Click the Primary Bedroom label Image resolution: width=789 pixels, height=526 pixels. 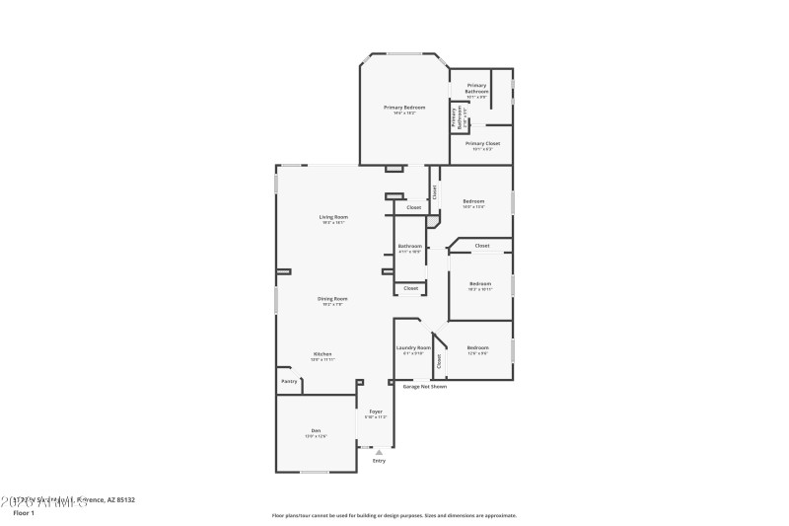point(404,107)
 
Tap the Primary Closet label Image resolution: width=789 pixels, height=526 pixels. point(483,143)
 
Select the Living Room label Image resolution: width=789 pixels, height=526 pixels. point(333,217)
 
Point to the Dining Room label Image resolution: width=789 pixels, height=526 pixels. point(332,298)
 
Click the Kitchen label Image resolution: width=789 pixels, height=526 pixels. point(323,353)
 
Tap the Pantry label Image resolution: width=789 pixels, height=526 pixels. point(289,381)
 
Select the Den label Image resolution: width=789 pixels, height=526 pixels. point(316,430)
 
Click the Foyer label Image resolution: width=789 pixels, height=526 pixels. point(376,411)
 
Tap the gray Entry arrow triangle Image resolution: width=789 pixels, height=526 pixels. point(379,452)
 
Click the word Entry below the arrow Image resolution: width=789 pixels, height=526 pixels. point(379,461)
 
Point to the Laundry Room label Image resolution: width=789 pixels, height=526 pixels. point(414,347)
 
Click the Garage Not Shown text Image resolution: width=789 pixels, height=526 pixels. point(424,387)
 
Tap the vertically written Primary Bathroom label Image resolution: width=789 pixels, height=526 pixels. point(459,118)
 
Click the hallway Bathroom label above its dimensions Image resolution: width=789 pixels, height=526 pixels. point(410,246)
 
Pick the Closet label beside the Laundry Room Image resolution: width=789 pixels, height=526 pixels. point(439,361)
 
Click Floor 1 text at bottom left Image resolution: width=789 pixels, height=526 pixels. point(24,513)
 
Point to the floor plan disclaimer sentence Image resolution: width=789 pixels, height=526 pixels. point(394,515)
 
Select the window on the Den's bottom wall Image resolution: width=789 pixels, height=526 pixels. point(314,472)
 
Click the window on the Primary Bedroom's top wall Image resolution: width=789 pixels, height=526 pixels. point(404,53)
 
